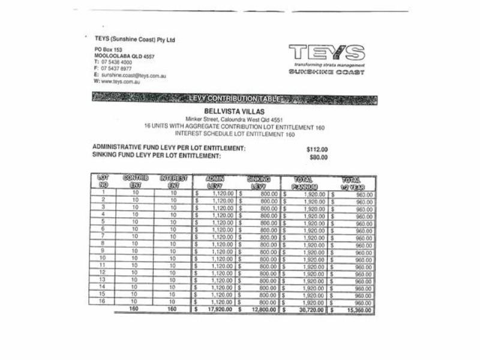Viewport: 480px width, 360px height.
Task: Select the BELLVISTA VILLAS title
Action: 234,112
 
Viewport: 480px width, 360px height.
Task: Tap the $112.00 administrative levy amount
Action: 317,149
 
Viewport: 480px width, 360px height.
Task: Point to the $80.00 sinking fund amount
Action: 319,157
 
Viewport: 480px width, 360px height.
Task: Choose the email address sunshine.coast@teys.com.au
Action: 133,76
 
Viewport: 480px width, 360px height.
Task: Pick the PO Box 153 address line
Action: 109,49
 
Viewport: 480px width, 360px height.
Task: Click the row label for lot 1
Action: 103,193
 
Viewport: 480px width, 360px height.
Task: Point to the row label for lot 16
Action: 103,302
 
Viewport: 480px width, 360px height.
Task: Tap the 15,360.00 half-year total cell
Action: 356,310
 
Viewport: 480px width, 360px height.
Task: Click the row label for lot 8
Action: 103,244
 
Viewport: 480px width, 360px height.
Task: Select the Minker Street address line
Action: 234,119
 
